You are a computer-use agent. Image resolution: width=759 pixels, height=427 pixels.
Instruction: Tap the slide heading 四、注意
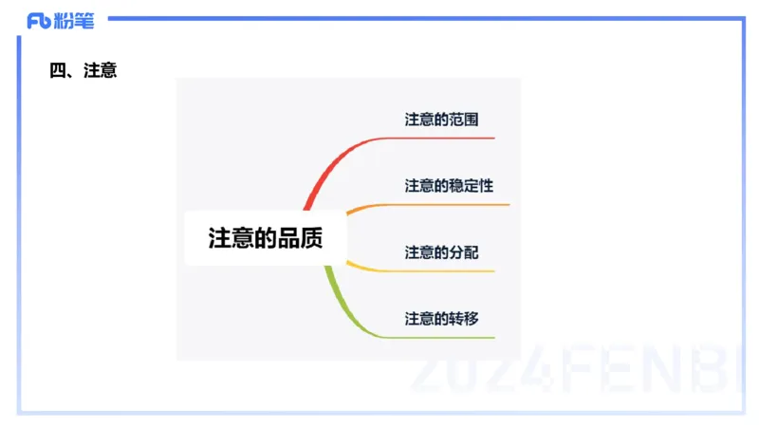pyautogui.click(x=83, y=70)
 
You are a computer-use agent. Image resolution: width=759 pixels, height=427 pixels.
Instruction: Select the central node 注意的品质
pyautogui.click(x=266, y=238)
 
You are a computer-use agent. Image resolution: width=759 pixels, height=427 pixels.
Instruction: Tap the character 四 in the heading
pyautogui.click(x=57, y=70)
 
